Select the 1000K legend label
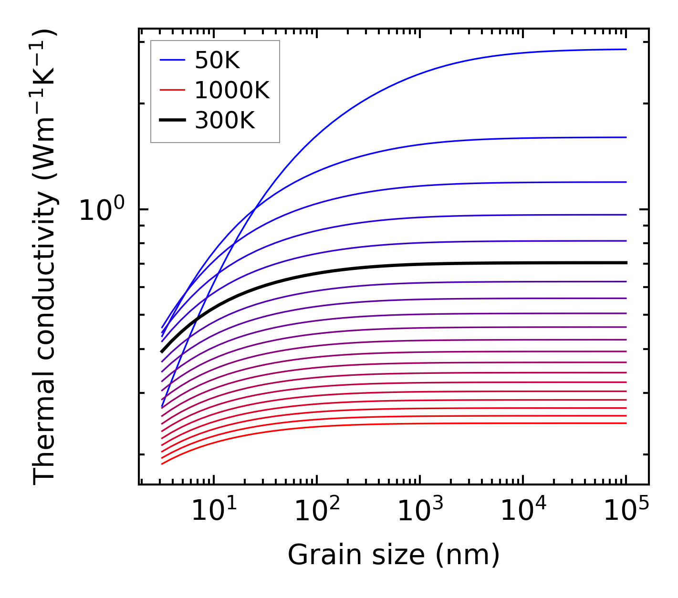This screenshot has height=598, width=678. (x=232, y=91)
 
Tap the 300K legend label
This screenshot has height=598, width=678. (x=225, y=121)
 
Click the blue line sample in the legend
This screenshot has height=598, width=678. (x=172, y=60)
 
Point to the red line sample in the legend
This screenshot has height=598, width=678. (x=172, y=90)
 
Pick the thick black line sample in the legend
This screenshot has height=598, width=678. (x=172, y=121)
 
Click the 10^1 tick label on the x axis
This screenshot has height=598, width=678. (x=214, y=512)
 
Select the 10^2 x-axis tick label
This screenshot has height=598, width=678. (x=317, y=512)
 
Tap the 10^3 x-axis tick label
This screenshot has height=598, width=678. (x=420, y=512)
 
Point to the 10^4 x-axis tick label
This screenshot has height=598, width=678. (x=523, y=512)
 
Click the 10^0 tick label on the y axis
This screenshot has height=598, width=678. (x=102, y=210)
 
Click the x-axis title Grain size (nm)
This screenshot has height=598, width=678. (x=394, y=556)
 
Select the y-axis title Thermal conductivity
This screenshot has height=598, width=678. (x=45, y=258)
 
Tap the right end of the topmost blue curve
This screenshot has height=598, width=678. (x=626, y=49)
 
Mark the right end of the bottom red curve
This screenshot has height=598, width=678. (x=626, y=423)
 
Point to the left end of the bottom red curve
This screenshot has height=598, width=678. (x=162, y=464)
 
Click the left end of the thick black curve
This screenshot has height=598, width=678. (x=162, y=351)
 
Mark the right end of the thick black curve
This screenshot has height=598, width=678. (x=626, y=263)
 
